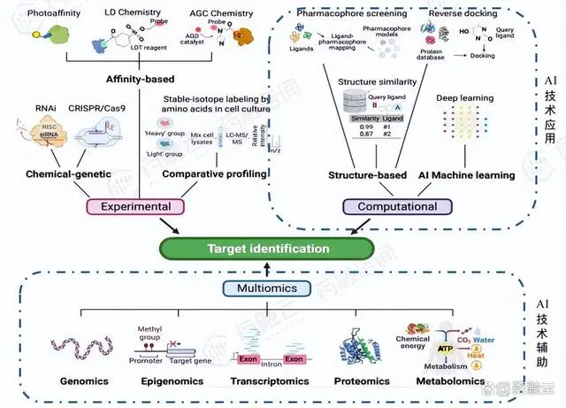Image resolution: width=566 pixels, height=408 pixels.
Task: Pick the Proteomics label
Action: click(x=362, y=381)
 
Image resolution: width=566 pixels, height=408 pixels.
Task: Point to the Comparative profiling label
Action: click(x=215, y=174)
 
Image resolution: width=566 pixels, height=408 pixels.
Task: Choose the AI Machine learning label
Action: click(x=466, y=175)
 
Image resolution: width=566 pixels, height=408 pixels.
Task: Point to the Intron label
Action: click(x=271, y=362)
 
